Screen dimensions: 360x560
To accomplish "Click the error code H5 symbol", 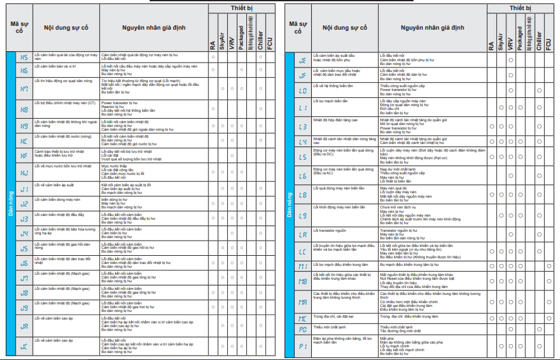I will click(24, 57).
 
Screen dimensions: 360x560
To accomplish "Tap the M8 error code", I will click(302, 280).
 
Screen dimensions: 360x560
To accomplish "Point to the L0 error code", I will click(302, 90).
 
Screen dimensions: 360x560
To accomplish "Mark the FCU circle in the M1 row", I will click(549, 266).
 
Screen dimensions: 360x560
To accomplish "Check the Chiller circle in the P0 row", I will click(540, 329).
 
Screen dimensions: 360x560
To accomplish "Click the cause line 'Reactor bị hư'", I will click(114, 105).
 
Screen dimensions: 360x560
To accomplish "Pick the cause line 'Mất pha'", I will click(386, 338).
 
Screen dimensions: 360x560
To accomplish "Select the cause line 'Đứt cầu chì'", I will click(391, 109).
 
